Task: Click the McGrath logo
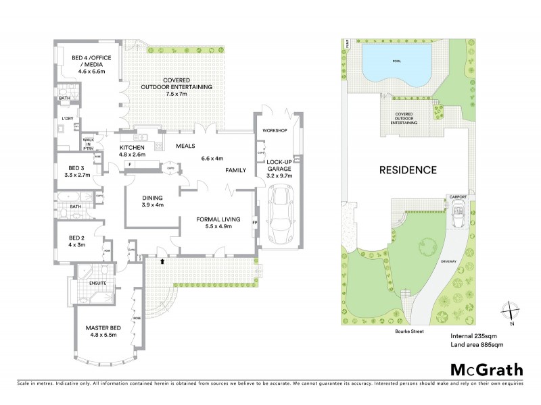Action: [486, 369]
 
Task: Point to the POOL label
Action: [396, 60]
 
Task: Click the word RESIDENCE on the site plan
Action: [407, 169]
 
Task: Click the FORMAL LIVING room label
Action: [214, 220]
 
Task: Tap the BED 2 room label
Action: [76, 238]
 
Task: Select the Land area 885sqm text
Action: [477, 345]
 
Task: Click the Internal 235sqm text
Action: [473, 335]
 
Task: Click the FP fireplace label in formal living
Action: [255, 221]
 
